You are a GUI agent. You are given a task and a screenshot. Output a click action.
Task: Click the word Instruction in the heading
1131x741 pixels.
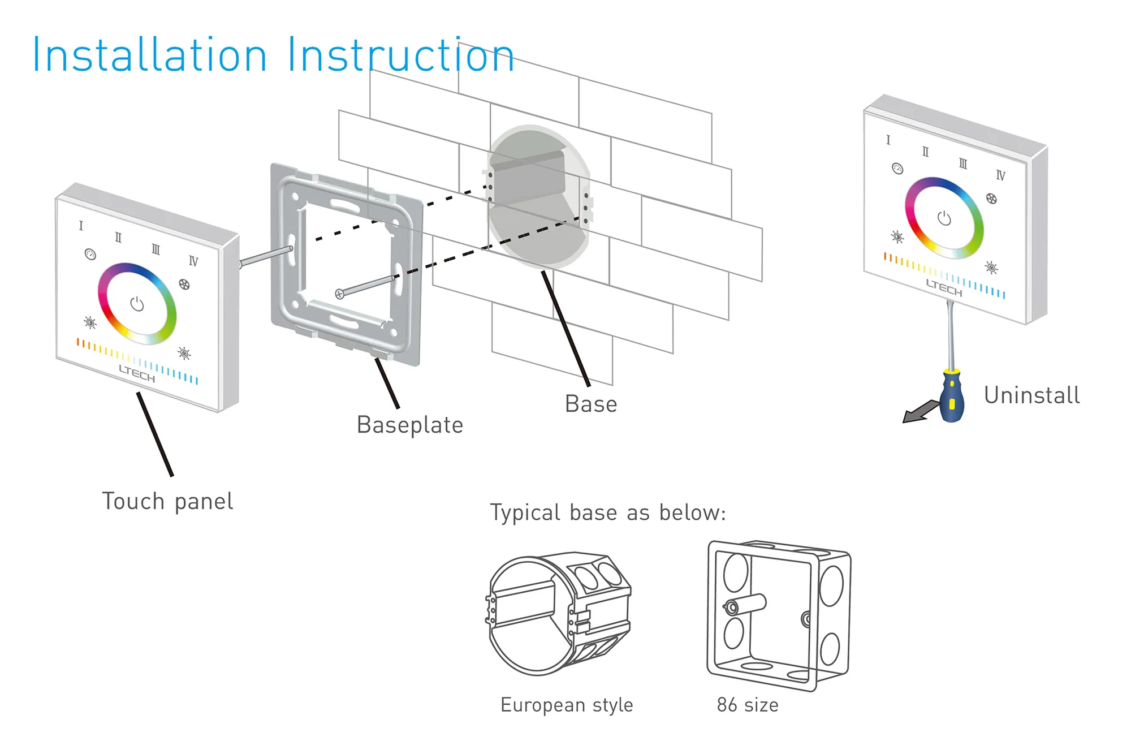400,55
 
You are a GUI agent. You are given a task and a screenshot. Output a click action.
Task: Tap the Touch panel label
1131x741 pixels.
167,502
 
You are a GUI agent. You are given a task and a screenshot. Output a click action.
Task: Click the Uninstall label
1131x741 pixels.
1031,395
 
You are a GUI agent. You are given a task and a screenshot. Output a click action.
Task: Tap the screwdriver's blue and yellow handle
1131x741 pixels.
952,397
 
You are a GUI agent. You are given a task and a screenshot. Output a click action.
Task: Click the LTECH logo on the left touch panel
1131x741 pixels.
137,373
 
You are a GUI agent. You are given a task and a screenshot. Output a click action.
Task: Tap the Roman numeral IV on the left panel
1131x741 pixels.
193,261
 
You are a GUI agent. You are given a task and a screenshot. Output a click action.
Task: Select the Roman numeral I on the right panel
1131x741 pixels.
888,140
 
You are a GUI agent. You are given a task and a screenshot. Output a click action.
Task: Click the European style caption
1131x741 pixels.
567,705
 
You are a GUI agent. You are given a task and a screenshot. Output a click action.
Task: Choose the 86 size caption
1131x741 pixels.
748,705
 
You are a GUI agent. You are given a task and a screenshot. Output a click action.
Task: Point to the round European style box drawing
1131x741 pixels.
558,614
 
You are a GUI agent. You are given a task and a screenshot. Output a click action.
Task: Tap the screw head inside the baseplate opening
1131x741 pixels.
339,294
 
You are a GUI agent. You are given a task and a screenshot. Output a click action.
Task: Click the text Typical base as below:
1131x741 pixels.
608,513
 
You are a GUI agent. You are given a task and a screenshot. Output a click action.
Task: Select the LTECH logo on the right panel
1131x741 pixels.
944,287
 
